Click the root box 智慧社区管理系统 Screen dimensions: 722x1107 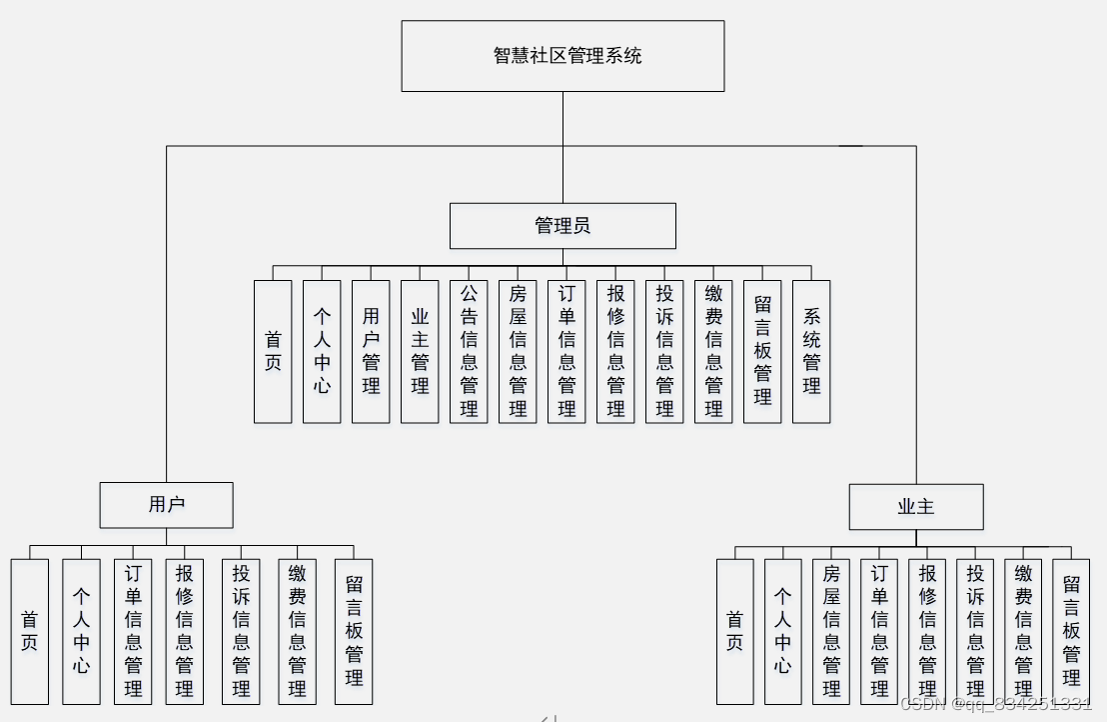(x=562, y=56)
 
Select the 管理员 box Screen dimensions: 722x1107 (x=562, y=226)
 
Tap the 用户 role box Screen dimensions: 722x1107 (x=166, y=505)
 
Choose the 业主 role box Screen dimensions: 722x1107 (x=916, y=507)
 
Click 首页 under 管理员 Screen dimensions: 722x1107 (x=273, y=351)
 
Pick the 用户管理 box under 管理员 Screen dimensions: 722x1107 (x=371, y=351)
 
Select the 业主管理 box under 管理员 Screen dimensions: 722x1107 (x=420, y=351)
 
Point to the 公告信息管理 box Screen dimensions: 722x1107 (x=469, y=351)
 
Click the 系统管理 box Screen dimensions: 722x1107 (x=811, y=351)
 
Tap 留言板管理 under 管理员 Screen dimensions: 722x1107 (x=762, y=351)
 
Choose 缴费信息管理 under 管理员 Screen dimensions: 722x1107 (x=713, y=351)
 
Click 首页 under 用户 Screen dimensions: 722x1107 (x=30, y=631)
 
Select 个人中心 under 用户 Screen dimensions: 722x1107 (x=81, y=631)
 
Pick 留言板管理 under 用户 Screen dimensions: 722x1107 (x=354, y=631)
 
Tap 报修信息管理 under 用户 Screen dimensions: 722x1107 (x=184, y=631)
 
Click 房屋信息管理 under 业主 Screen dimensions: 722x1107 (x=831, y=631)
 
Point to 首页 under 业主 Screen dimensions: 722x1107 (x=735, y=631)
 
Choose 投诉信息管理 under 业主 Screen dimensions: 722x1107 (x=975, y=631)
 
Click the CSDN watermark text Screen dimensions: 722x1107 (x=996, y=704)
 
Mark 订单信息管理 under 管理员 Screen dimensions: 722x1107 (x=566, y=351)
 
